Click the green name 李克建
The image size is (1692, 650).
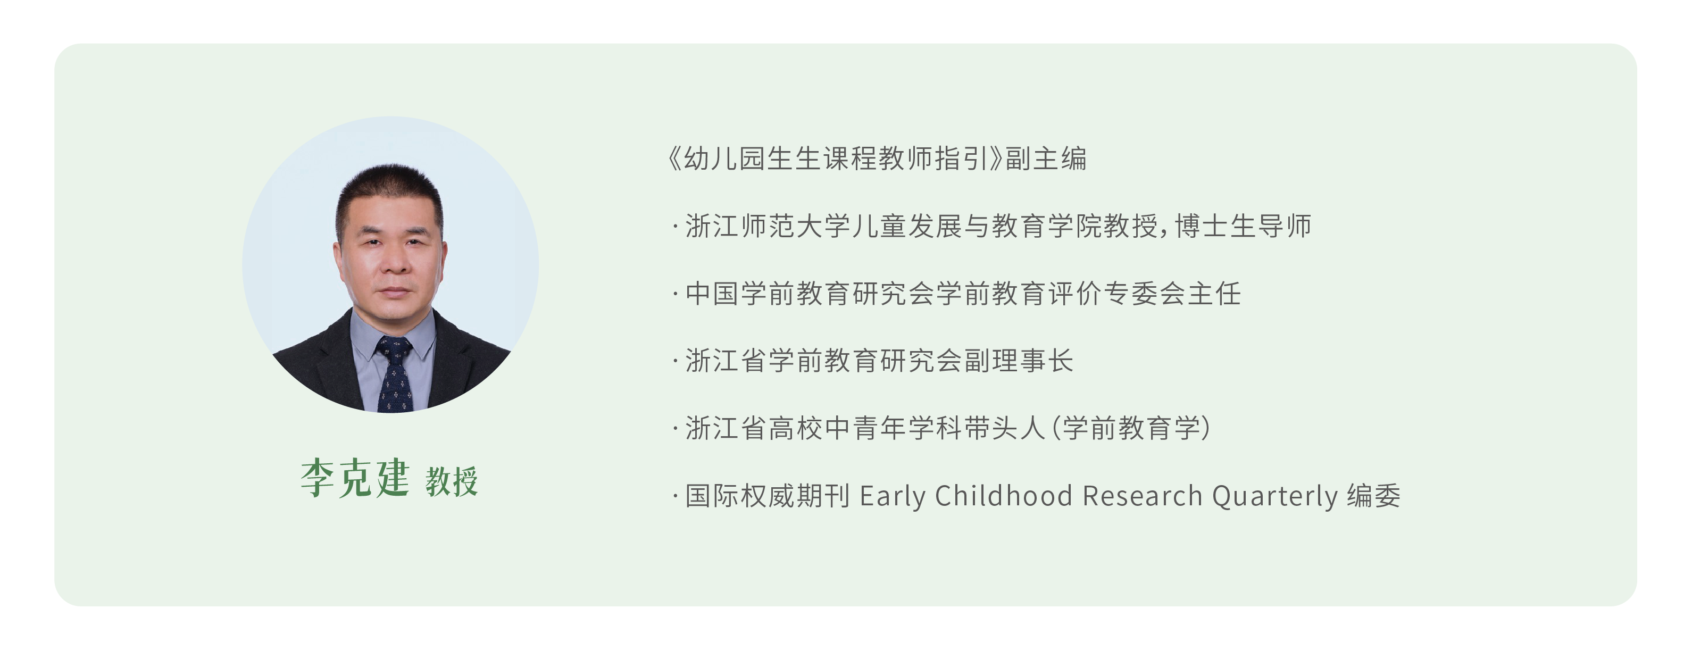click(x=355, y=478)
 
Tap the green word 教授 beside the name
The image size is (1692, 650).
click(x=452, y=481)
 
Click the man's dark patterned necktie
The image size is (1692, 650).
click(x=395, y=374)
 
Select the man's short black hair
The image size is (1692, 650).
click(x=389, y=194)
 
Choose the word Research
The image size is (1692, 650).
click(x=1142, y=496)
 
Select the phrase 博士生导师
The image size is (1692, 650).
click(x=1244, y=227)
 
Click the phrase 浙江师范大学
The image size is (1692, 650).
click(x=768, y=227)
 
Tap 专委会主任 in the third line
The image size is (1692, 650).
click(x=1172, y=294)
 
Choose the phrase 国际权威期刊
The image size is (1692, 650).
click(x=768, y=496)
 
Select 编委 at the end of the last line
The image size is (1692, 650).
click(x=1374, y=496)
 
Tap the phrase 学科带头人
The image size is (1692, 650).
click(x=977, y=429)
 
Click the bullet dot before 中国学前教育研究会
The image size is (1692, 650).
click(x=675, y=294)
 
